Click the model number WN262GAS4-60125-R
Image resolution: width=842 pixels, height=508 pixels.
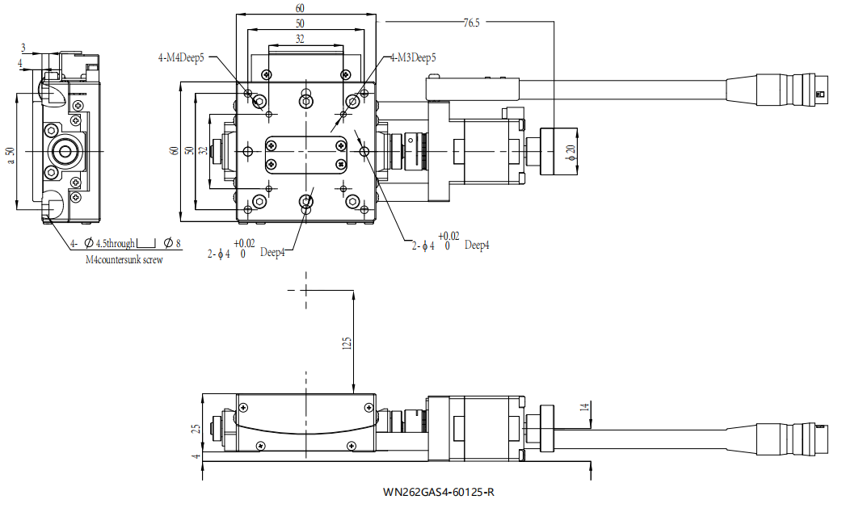[x=439, y=492]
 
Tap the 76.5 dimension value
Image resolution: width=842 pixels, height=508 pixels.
[x=471, y=23]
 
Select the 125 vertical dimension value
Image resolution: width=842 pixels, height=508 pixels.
[x=347, y=343]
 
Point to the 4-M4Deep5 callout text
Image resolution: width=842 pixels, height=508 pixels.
[x=181, y=58]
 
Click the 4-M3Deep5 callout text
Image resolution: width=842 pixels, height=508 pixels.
[x=412, y=57]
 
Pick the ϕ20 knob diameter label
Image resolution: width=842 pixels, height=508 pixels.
[x=570, y=153]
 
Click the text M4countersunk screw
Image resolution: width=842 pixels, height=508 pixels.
[x=124, y=260]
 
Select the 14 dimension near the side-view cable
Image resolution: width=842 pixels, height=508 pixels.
[x=585, y=406]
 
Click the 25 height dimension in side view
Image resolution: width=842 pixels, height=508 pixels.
[x=196, y=428]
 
